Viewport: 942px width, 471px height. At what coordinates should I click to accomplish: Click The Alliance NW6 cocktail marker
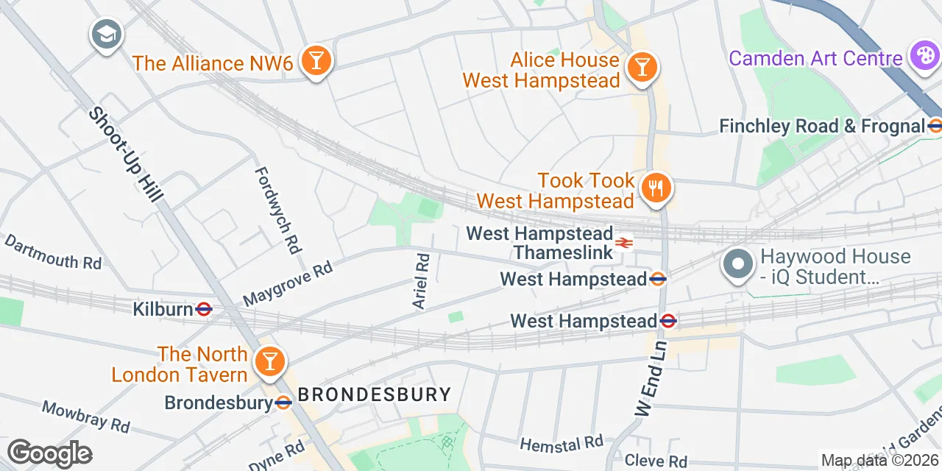316,61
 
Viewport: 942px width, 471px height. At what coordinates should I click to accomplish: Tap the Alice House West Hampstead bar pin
642,68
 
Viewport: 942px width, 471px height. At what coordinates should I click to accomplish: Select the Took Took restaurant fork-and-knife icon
654,188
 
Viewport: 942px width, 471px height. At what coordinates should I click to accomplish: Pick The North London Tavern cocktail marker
269,362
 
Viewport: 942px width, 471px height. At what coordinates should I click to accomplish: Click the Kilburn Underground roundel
205,309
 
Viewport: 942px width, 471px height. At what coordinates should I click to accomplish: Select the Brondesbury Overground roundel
283,403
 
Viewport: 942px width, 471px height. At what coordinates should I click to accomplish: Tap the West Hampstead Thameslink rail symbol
624,243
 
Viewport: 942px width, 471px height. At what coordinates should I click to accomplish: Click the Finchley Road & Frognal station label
821,126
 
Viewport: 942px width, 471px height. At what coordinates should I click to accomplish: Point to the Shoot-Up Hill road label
127,155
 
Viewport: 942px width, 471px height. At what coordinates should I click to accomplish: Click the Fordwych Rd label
279,210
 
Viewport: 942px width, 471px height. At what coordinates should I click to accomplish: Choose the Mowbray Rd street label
85,416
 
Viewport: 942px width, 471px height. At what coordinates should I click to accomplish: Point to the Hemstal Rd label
561,443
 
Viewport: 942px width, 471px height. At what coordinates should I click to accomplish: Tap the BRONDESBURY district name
374,394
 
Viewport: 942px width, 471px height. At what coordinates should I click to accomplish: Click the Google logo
49,453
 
